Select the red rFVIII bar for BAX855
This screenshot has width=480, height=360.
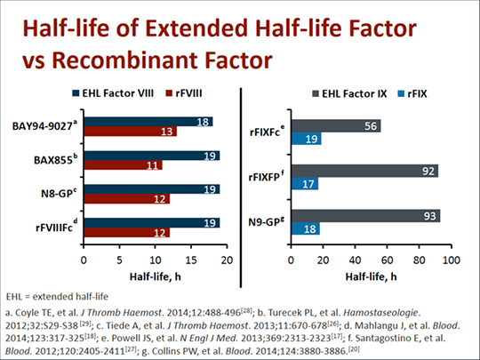click(x=123, y=165)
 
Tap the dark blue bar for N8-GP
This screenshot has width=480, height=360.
click(x=151, y=189)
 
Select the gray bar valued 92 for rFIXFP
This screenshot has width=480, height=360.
click(x=371, y=170)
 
